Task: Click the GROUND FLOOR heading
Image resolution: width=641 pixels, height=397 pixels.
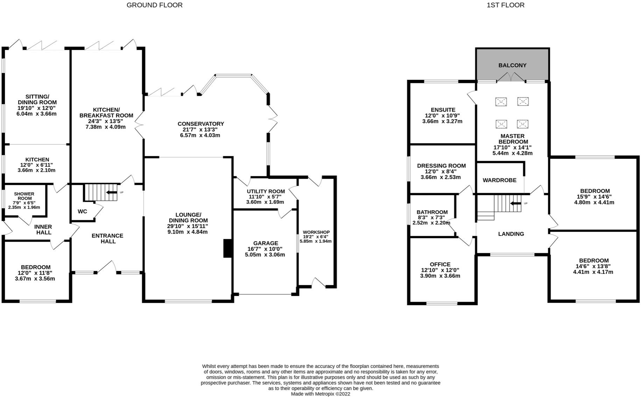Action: pos(154,5)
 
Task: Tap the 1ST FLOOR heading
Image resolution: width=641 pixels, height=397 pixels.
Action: pos(505,5)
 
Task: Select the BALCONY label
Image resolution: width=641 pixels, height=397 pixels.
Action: pos(512,65)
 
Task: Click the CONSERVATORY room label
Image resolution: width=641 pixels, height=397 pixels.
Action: pos(200,124)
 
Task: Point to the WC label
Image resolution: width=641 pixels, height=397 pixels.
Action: pos(82,211)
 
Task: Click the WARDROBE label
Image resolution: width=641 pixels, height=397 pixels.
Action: pos(499,180)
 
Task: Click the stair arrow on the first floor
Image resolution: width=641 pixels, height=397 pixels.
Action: pos(516,203)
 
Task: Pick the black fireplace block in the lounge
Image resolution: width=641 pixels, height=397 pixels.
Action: pos(228,248)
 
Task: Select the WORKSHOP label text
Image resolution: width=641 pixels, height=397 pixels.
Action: pos(316,232)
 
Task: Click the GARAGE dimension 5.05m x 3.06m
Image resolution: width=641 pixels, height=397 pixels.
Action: pos(265,255)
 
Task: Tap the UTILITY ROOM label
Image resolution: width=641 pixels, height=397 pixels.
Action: pos(266,191)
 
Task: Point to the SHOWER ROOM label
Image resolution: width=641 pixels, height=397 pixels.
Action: pos(24,196)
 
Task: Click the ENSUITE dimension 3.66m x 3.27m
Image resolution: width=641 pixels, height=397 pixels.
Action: pos(442,121)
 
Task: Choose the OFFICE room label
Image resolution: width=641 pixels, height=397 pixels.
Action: pos(440,264)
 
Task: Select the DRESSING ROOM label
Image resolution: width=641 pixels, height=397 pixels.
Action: pos(441,166)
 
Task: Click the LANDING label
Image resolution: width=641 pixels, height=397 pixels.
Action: pos(511,234)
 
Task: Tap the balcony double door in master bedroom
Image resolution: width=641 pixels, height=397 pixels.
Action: pos(511,77)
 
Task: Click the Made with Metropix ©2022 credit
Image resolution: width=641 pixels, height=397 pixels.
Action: pos(320,394)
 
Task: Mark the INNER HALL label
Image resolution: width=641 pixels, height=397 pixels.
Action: pos(43,229)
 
